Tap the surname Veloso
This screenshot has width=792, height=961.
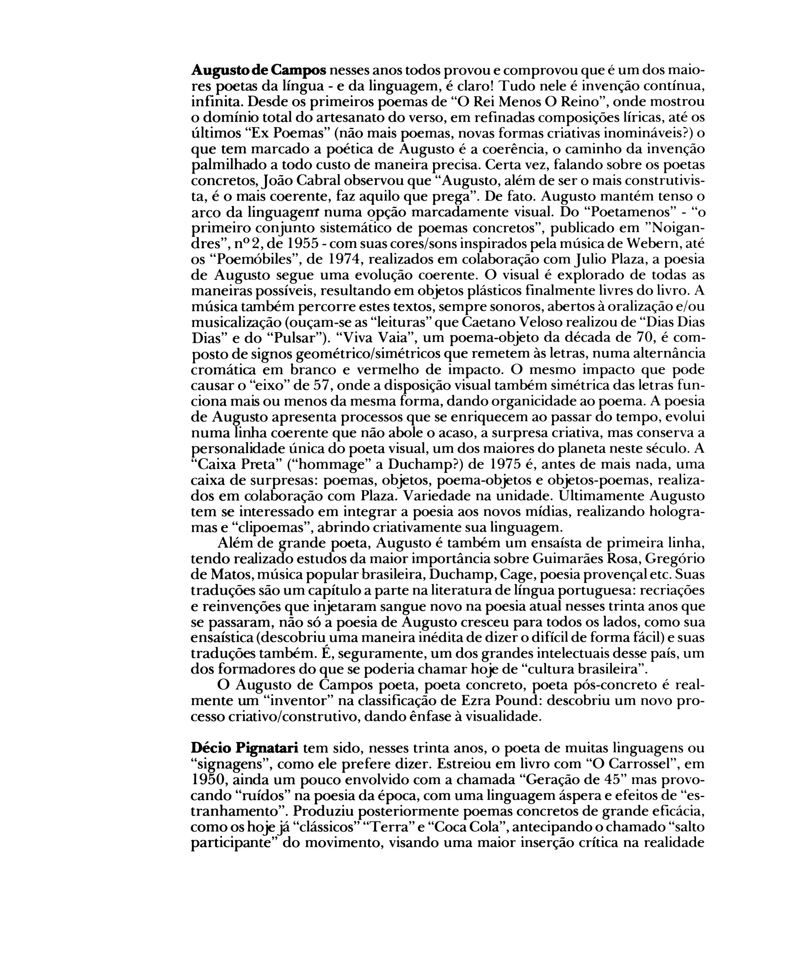[x=542, y=322]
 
